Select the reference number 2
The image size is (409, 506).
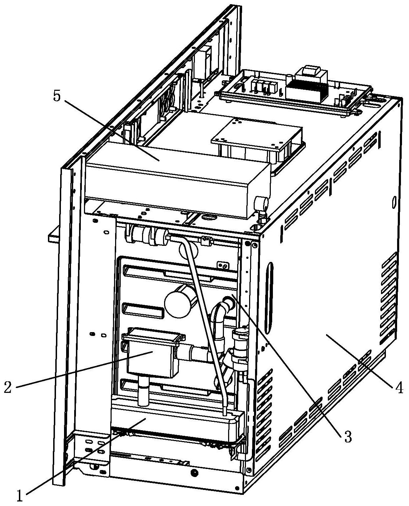[9, 387]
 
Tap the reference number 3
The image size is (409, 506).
[347, 436]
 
